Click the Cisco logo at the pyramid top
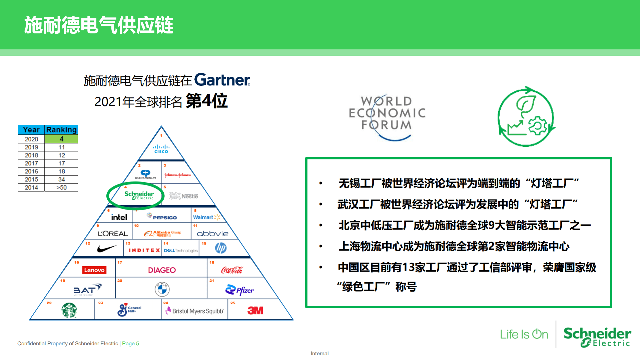pyautogui.click(x=161, y=149)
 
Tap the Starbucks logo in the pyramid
pyautogui.click(x=69, y=310)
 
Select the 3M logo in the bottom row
pyautogui.click(x=255, y=311)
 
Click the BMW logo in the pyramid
pyautogui.click(x=162, y=289)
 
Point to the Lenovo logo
pyautogui.click(x=94, y=270)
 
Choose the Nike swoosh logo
pyautogui.click(x=107, y=249)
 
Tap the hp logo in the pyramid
pyautogui.click(x=221, y=248)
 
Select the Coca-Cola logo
pyautogui.click(x=232, y=270)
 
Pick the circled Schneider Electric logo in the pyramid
pyautogui.click(x=139, y=195)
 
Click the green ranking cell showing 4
pyautogui.click(x=61, y=139)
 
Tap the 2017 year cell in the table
pyautogui.click(x=31, y=163)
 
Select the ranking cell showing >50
pyautogui.click(x=61, y=188)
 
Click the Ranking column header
pyautogui.click(x=61, y=129)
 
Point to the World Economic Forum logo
pyautogui.click(x=387, y=115)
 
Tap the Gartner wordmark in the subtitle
pyautogui.click(x=222, y=80)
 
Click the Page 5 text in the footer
pyautogui.click(x=130, y=343)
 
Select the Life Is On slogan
pyautogui.click(x=524, y=334)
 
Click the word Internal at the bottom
pyautogui.click(x=319, y=353)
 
